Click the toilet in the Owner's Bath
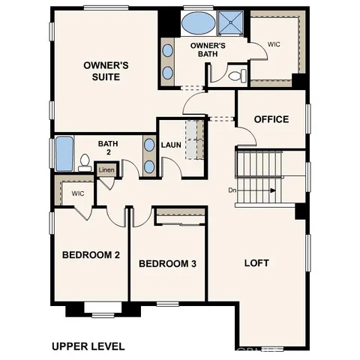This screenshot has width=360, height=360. pos(235,76)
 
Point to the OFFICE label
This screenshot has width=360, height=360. pos(271,119)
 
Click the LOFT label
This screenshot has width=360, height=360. pos(256,263)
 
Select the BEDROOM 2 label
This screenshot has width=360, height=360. pos(90,255)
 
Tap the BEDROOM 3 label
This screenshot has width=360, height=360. pos(168,263)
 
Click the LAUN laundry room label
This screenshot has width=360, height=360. pos(171,145)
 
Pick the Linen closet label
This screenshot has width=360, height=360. pos(106,170)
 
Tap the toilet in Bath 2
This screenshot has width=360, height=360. pos(85,162)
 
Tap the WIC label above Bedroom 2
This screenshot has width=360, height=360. pos(77,193)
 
